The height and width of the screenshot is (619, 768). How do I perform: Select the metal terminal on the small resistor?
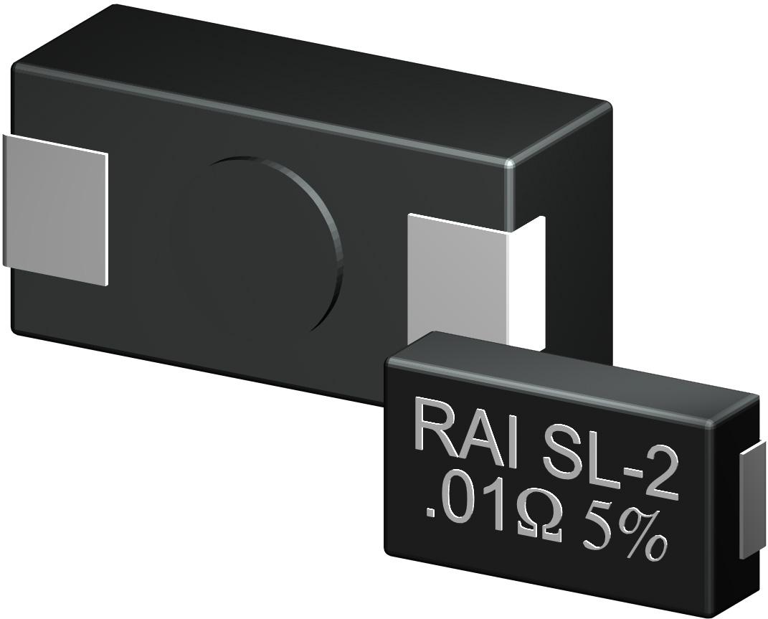(750, 502)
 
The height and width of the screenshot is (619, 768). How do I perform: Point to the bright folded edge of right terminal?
(511, 287)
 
